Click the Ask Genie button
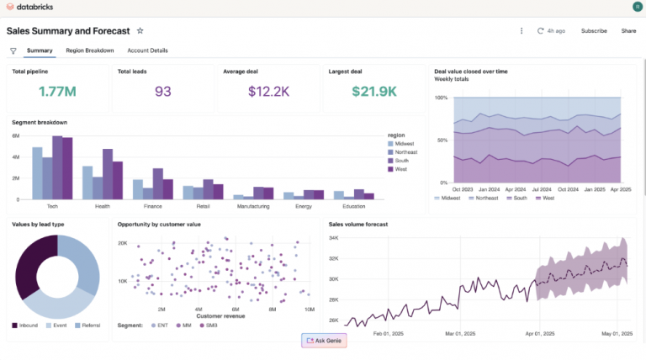click(324, 340)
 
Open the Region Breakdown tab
click(90, 50)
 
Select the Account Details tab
click(147, 50)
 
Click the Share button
click(628, 31)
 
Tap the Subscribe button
click(594, 31)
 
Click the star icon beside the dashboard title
click(140, 30)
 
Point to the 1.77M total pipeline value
click(58, 92)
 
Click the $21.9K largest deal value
click(374, 92)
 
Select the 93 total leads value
click(163, 92)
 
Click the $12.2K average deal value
click(269, 92)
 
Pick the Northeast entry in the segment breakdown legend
click(405, 152)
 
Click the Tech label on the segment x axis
click(51, 205)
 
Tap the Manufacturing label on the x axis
click(253, 205)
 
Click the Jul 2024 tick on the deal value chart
click(541, 188)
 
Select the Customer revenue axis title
click(220, 316)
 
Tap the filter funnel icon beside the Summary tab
click(13, 51)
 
